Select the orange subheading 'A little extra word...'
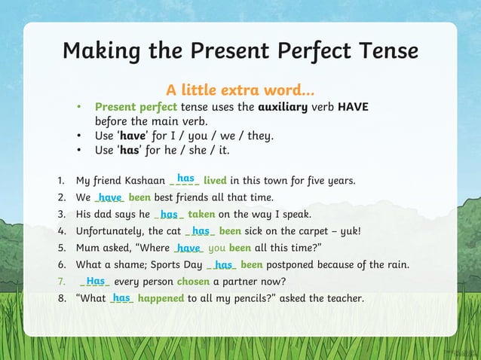[241, 92]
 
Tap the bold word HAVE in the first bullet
[353, 107]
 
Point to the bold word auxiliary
[283, 107]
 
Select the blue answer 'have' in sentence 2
[111, 197]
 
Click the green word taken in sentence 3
[201, 214]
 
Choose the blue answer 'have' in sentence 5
[188, 248]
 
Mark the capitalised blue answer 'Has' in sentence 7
[96, 281]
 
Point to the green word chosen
[193, 282]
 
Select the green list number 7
[60, 282]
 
